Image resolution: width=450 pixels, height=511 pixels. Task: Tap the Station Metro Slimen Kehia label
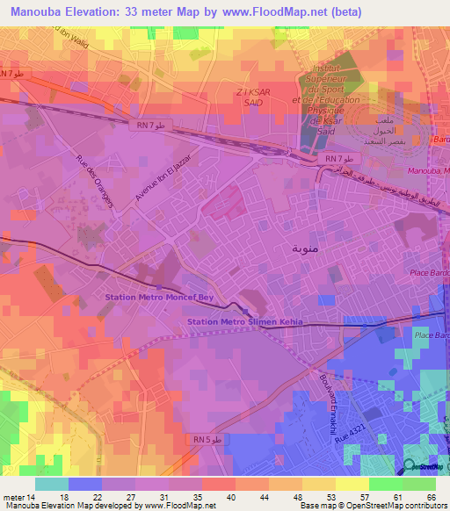point(244,322)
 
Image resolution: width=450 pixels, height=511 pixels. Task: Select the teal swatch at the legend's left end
point(51,484)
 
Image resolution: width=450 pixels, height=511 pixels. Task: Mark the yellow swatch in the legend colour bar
point(352,484)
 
